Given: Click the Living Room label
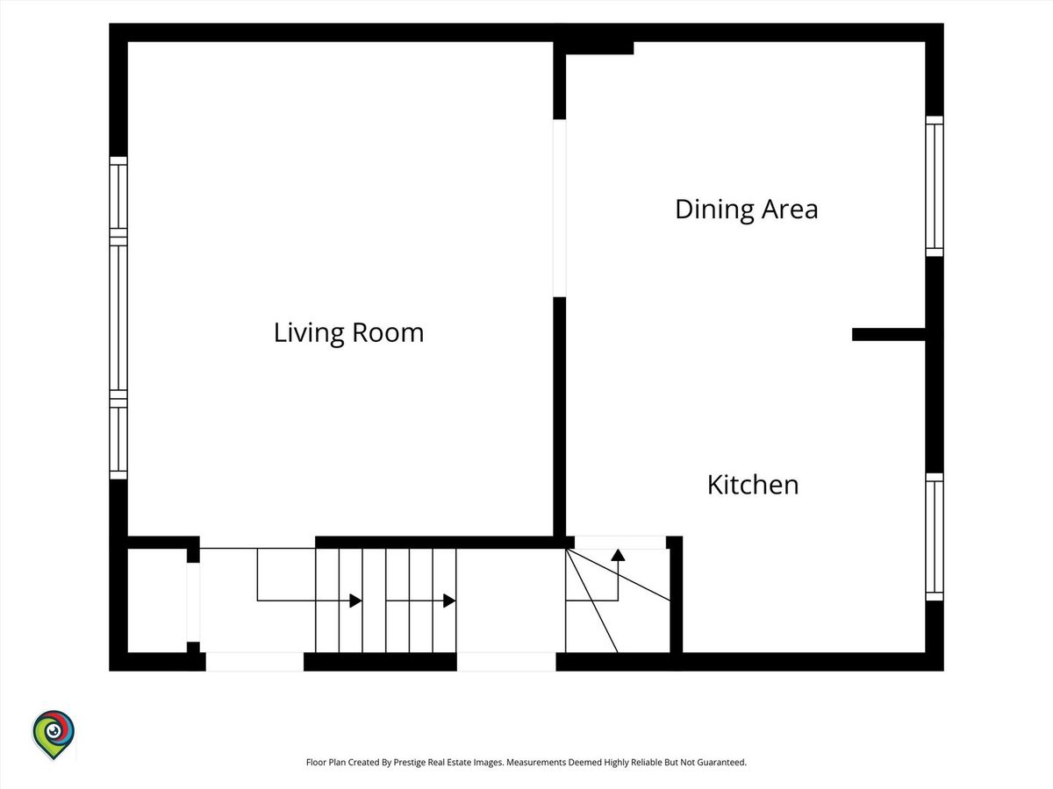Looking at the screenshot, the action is tap(348, 333).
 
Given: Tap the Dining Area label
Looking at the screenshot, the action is tap(747, 210).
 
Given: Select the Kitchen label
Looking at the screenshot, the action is tap(753, 485).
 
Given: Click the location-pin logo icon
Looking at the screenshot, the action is tap(54, 735).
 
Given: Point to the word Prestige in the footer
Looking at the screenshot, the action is tap(410, 762).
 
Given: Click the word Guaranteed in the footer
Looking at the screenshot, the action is tap(722, 762).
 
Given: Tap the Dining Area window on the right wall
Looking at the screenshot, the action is tap(935, 187).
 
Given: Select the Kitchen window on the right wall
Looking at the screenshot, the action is tap(935, 537).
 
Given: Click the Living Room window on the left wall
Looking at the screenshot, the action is tap(118, 317).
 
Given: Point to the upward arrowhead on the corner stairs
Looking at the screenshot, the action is tap(618, 555).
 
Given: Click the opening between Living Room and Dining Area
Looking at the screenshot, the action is tap(559, 208).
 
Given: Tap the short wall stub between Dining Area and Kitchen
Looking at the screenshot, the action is tap(888, 334).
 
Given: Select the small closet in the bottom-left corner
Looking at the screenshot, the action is tap(157, 601).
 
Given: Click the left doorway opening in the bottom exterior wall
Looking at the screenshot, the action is tap(254, 662).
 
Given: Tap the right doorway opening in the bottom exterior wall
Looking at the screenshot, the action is tap(506, 662).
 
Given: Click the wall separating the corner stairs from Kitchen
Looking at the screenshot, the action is tap(676, 594).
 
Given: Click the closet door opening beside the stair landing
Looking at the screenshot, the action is tap(193, 602).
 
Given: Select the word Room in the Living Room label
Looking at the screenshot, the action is tap(388, 333).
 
